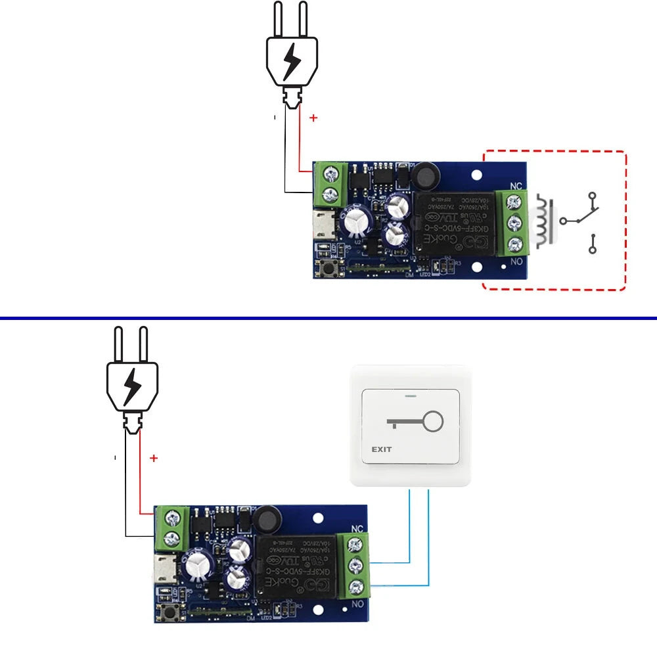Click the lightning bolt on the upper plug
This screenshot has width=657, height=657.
pos(291,62)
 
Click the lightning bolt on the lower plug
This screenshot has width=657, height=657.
pos(132,386)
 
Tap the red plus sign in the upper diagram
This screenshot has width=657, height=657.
pos(313,118)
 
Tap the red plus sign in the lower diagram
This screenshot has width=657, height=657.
pos(154,458)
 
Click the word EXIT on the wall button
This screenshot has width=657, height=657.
pos(381,449)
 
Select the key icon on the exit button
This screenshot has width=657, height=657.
pos(415,422)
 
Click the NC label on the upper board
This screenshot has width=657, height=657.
pos(516,186)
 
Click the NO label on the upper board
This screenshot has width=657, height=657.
pos(516,261)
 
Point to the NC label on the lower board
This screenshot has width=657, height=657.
pos(357,528)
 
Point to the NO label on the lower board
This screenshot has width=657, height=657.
pos(357,604)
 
